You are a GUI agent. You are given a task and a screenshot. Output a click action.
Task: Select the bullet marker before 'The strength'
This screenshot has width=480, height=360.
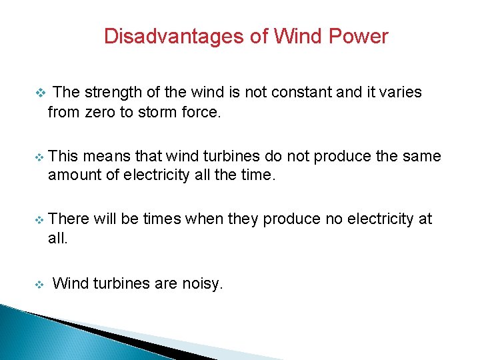pos(39,92)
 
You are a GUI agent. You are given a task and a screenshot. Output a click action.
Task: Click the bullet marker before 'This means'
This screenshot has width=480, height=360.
pos(39,157)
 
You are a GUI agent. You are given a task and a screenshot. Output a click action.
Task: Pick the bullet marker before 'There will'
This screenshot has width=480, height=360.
pos(39,219)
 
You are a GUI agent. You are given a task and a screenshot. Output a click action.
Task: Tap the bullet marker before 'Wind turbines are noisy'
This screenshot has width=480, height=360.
pos(39,284)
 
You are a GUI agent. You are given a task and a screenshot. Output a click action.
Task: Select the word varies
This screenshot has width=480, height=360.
pos(400,92)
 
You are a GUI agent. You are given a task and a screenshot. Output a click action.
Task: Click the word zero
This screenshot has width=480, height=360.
pos(101,112)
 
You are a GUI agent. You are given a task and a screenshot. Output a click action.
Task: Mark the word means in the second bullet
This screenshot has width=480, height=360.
pos(107,157)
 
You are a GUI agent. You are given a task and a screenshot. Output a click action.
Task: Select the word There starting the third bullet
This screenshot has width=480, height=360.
pos(69,219)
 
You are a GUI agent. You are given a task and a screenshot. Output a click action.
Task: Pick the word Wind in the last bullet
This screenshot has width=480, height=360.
pos(69,283)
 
